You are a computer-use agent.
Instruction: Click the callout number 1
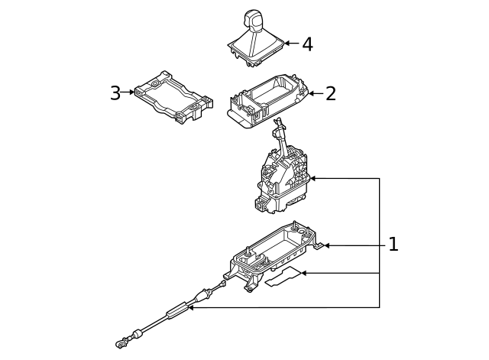coord(393,245)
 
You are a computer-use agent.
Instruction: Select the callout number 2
coord(330,94)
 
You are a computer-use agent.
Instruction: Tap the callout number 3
coord(115,93)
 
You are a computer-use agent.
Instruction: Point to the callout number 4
coord(307,44)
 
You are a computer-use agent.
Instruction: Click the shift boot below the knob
coord(255,45)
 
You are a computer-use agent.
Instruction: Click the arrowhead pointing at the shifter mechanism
coord(313,178)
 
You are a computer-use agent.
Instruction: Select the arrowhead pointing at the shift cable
coord(192,307)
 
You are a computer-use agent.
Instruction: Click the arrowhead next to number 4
coord(287,44)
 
